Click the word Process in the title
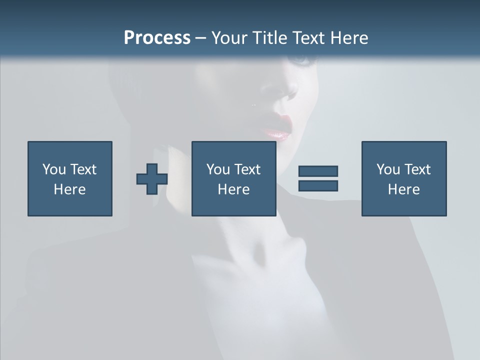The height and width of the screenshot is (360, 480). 157,38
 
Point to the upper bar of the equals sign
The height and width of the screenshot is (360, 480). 318,171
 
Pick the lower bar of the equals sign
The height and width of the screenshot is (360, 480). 318,185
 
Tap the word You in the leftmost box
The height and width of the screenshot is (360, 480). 53,169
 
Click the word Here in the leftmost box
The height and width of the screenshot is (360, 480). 70,189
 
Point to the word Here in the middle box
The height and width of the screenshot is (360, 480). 234,189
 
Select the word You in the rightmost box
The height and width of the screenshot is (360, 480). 387,169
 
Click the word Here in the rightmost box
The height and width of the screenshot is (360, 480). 404,189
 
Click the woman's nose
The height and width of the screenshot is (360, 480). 289,92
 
